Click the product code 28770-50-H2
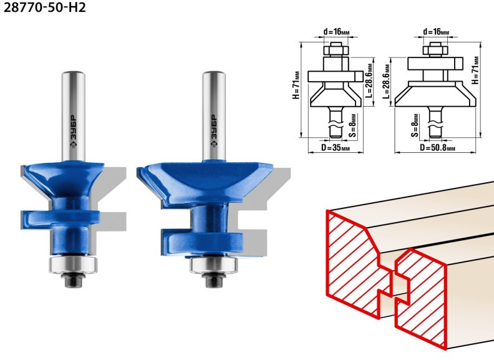click(44, 7)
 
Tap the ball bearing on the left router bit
click(73, 264)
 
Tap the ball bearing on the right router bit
click(213, 265)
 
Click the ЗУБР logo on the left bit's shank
click(73, 131)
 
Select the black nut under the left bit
click(73, 280)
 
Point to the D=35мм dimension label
click(335, 147)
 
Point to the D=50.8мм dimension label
click(437, 147)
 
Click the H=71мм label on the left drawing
click(296, 85)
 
